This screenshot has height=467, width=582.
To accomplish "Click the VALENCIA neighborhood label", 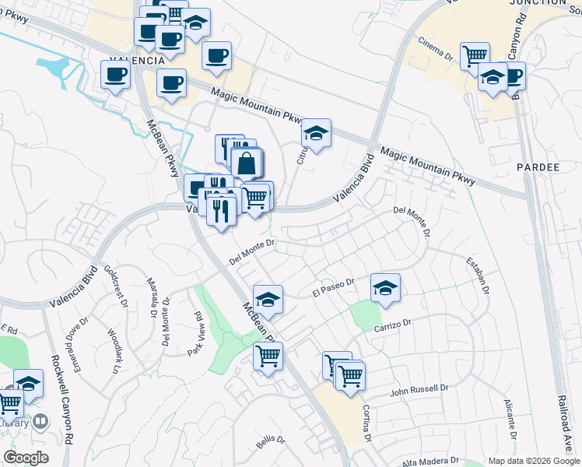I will coord(136,60).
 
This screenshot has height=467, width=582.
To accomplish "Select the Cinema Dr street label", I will coord(435,47).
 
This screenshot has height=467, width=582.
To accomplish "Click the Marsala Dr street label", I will coord(153,295).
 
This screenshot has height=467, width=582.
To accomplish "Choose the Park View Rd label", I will coord(195,335).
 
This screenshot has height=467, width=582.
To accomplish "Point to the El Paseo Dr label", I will coord(333,287).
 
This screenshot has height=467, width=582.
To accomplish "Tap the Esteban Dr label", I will coord(476,276).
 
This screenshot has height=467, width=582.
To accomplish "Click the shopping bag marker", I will coord(246,163).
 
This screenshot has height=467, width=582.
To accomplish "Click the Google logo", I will coord(26,458).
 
